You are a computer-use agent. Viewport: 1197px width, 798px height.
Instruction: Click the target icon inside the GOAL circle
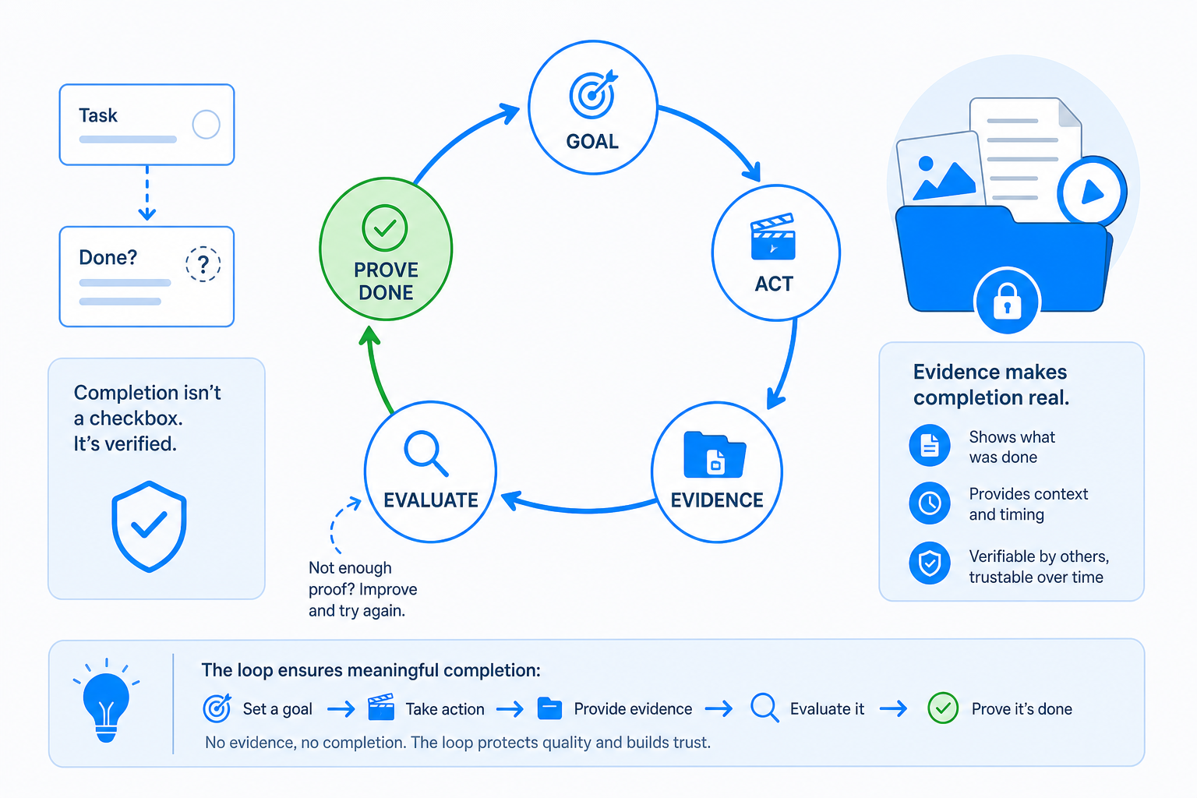point(592,94)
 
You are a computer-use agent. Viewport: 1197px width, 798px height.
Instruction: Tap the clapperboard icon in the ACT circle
point(773,237)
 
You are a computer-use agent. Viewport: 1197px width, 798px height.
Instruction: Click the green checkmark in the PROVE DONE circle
point(385,228)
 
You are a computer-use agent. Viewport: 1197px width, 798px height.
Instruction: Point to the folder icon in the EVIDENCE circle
point(715,454)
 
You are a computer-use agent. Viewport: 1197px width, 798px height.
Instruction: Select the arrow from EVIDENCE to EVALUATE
point(582,508)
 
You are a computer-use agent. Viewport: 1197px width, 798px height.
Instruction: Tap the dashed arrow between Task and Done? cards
point(147,192)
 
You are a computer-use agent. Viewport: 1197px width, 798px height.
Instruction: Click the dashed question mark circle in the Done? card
point(203,264)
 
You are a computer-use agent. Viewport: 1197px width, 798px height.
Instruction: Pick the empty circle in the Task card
point(207,125)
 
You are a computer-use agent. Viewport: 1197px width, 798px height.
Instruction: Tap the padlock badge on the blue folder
point(1008,300)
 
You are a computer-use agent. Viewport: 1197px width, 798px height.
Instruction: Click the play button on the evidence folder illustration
point(1093,192)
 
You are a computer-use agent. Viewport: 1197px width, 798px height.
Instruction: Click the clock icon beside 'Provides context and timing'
point(930,503)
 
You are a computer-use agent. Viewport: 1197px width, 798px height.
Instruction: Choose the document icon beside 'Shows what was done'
point(930,445)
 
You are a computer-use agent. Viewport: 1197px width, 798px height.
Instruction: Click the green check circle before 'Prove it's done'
point(943,708)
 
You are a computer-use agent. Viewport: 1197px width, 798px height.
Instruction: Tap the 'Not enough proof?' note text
point(363,589)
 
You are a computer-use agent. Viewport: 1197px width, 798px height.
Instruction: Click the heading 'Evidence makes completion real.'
point(991,384)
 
